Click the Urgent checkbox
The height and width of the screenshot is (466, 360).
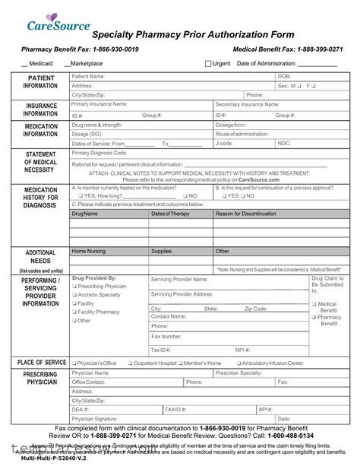[x=209, y=64]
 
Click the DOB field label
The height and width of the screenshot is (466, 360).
[x=283, y=77]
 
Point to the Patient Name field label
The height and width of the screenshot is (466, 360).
[x=88, y=77]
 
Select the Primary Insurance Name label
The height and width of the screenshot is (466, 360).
[x=99, y=104]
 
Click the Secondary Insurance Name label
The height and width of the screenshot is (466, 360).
[x=248, y=104]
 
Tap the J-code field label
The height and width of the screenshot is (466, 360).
[x=224, y=143]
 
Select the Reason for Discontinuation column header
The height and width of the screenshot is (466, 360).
[x=245, y=214]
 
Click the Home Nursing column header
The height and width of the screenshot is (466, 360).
[x=89, y=250]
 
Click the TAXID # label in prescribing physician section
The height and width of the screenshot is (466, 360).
[x=175, y=409]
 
